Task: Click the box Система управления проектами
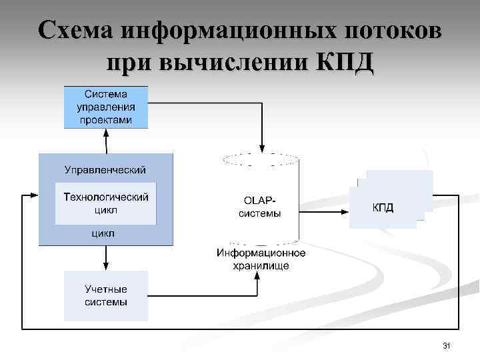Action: (x=105, y=107)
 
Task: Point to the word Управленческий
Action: (x=105, y=170)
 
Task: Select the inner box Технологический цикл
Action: (x=105, y=203)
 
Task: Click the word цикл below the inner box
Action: (x=103, y=233)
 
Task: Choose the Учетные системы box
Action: (x=105, y=296)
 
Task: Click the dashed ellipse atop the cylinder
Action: (x=261, y=159)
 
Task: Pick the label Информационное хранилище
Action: (x=261, y=259)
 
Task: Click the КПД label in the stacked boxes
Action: (x=383, y=208)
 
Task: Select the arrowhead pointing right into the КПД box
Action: (x=345, y=212)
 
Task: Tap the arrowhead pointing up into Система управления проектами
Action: (x=105, y=133)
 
